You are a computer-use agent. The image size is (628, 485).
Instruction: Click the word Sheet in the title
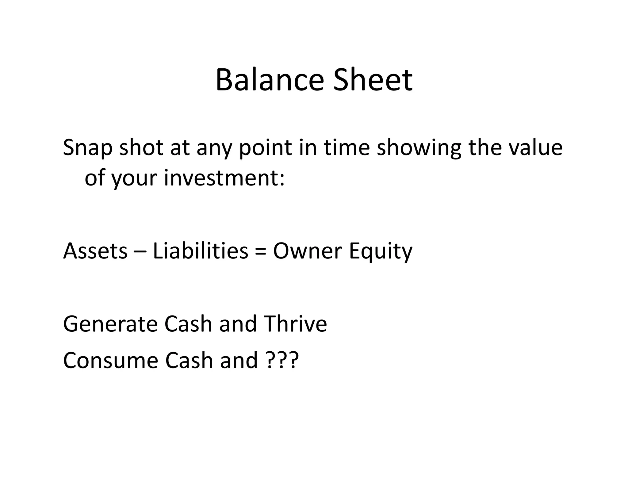(373, 80)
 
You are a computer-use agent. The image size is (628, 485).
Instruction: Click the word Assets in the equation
(95, 251)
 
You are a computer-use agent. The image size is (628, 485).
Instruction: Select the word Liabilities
(200, 251)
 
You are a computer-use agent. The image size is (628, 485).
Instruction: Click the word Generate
(109, 324)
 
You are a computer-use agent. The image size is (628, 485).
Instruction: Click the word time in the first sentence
(347, 147)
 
